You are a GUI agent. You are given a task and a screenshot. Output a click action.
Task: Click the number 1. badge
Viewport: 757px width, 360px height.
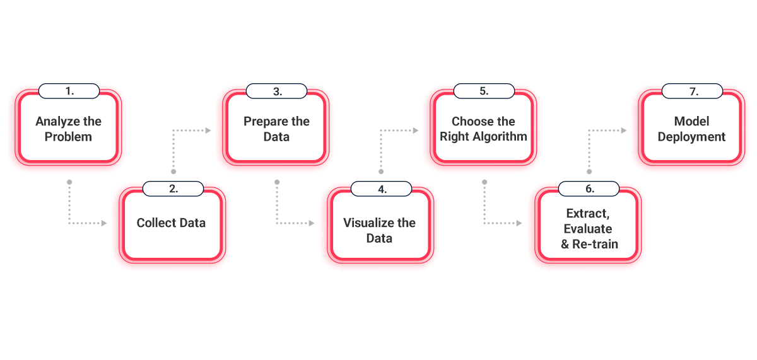69,91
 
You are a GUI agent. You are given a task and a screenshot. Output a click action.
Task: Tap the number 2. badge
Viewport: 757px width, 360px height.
173,189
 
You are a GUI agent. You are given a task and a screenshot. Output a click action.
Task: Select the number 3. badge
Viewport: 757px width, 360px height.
276,91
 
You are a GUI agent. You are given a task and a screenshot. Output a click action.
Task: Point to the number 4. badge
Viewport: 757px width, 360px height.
381,189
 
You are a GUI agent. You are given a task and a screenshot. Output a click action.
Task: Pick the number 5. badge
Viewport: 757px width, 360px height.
484,91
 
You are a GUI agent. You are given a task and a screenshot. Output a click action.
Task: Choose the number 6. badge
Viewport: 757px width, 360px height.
589,189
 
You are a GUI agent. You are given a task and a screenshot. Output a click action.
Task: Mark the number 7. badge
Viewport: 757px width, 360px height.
692,91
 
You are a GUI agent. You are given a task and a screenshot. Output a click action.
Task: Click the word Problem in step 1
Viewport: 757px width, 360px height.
68,137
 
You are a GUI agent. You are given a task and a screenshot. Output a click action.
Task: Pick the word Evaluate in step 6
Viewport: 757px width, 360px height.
588,229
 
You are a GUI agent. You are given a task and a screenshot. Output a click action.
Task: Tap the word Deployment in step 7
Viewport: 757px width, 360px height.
691,137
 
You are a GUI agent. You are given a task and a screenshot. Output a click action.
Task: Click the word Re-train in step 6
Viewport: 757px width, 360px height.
595,244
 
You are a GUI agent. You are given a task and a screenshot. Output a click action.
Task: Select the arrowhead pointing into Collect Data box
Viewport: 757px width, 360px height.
104,223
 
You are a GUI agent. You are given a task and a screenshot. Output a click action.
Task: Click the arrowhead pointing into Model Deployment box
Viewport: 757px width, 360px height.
624,131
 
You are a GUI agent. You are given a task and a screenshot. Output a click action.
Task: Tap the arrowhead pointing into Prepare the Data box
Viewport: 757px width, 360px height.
208,131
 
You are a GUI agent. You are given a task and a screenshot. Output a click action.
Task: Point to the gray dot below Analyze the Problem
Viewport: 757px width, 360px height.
69,182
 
